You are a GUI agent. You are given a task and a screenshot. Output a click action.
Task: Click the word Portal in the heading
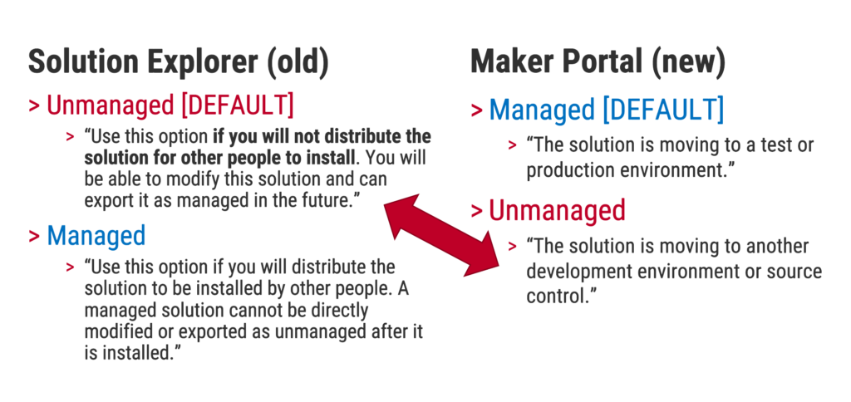point(603,61)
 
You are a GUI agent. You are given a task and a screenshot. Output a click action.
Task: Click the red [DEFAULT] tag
point(237,105)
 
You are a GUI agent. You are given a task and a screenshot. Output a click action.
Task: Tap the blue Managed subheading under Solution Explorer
point(96,235)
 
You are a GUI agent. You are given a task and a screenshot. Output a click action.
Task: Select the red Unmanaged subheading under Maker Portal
point(558,210)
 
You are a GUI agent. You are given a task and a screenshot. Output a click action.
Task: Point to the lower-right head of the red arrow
point(483,256)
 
